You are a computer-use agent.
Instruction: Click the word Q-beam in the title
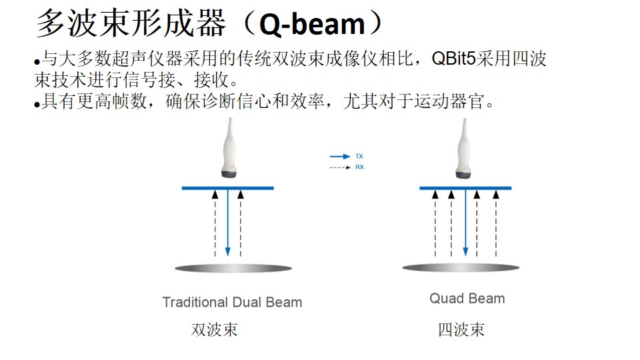point(312,25)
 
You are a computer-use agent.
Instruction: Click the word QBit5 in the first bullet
point(453,59)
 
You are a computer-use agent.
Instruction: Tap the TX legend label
point(359,156)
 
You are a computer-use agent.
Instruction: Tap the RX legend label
point(359,167)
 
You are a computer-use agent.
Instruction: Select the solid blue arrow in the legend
point(340,156)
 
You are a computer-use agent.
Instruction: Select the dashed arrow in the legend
point(340,167)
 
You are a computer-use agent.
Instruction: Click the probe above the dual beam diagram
point(229,148)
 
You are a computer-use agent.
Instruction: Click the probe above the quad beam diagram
point(464,148)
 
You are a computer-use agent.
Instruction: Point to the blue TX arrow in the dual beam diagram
point(228,223)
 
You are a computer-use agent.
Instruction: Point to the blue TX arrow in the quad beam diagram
point(466,223)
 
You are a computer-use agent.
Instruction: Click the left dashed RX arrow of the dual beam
point(215,224)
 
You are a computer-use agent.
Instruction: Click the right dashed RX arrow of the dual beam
point(241,224)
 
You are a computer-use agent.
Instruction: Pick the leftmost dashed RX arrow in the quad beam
point(435,224)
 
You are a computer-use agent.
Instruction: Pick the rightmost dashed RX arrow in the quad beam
point(496,224)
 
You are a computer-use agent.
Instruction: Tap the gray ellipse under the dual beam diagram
point(233,268)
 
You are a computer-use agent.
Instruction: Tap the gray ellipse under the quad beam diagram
point(461,268)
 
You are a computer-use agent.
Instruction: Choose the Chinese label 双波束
point(214,329)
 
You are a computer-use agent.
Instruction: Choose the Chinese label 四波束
point(461,329)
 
